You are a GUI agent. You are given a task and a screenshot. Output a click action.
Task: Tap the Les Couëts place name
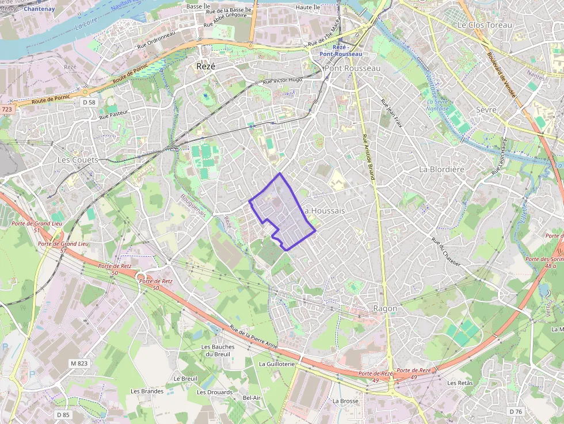point(78,159)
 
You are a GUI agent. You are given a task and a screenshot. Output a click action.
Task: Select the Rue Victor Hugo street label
point(282,81)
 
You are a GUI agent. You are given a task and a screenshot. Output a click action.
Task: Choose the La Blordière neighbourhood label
point(441,169)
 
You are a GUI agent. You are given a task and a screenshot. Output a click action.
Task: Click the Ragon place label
point(385,308)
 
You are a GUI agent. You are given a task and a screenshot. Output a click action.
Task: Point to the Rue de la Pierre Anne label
point(254,337)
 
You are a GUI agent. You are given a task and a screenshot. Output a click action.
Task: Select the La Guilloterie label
point(277,364)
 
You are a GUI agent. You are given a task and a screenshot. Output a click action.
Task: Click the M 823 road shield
point(79,364)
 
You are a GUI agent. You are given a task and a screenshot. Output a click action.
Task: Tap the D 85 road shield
point(63,414)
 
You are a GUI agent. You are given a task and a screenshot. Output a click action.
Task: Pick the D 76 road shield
point(516,411)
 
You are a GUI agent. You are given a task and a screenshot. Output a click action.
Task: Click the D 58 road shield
point(88,102)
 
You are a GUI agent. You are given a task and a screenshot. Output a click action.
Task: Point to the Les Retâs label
point(460,383)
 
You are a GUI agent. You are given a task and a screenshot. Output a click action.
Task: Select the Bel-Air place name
point(251,398)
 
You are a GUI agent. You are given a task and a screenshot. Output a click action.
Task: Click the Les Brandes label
point(147,391)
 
